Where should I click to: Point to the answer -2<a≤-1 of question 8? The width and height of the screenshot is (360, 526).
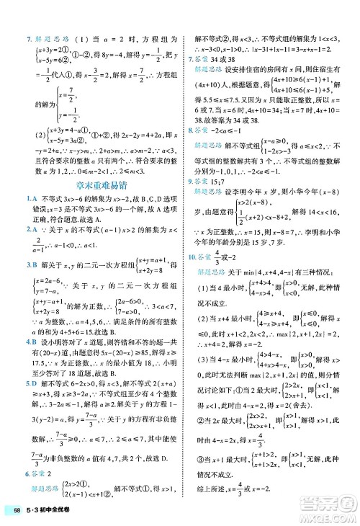(x=235, y=130)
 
